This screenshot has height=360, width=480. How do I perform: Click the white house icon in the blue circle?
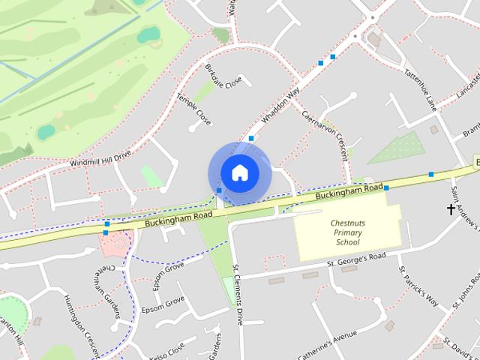point(239,173)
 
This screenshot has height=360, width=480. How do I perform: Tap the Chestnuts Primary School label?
point(346,232)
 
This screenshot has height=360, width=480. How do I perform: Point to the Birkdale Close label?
point(223,78)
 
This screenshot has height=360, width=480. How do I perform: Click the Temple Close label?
point(193,109)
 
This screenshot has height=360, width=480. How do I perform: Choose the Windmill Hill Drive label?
point(100,157)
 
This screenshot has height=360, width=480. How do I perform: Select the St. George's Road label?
point(355,259)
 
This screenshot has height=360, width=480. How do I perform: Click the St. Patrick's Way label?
point(418,286)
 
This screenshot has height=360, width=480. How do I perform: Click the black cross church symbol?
point(451,209)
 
